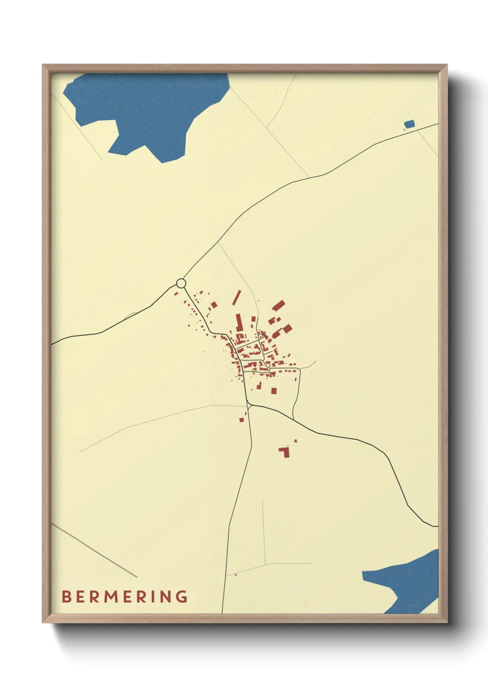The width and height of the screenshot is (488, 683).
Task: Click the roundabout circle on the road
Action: (181, 283)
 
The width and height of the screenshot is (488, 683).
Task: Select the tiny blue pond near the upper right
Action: (409, 124)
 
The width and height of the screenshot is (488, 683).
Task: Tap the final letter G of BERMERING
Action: (182, 597)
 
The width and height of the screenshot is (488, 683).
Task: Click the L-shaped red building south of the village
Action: (285, 452)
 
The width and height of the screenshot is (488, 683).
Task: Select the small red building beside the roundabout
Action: (176, 292)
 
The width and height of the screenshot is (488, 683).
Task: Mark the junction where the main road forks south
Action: (249, 405)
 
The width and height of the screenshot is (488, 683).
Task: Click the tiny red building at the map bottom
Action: (236, 574)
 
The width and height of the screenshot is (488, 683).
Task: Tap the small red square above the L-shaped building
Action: (296, 441)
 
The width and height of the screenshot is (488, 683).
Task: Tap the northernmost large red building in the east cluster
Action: (279, 306)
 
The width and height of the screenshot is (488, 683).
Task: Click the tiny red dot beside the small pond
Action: (404, 129)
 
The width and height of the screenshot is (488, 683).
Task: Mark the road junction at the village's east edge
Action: (300, 369)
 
